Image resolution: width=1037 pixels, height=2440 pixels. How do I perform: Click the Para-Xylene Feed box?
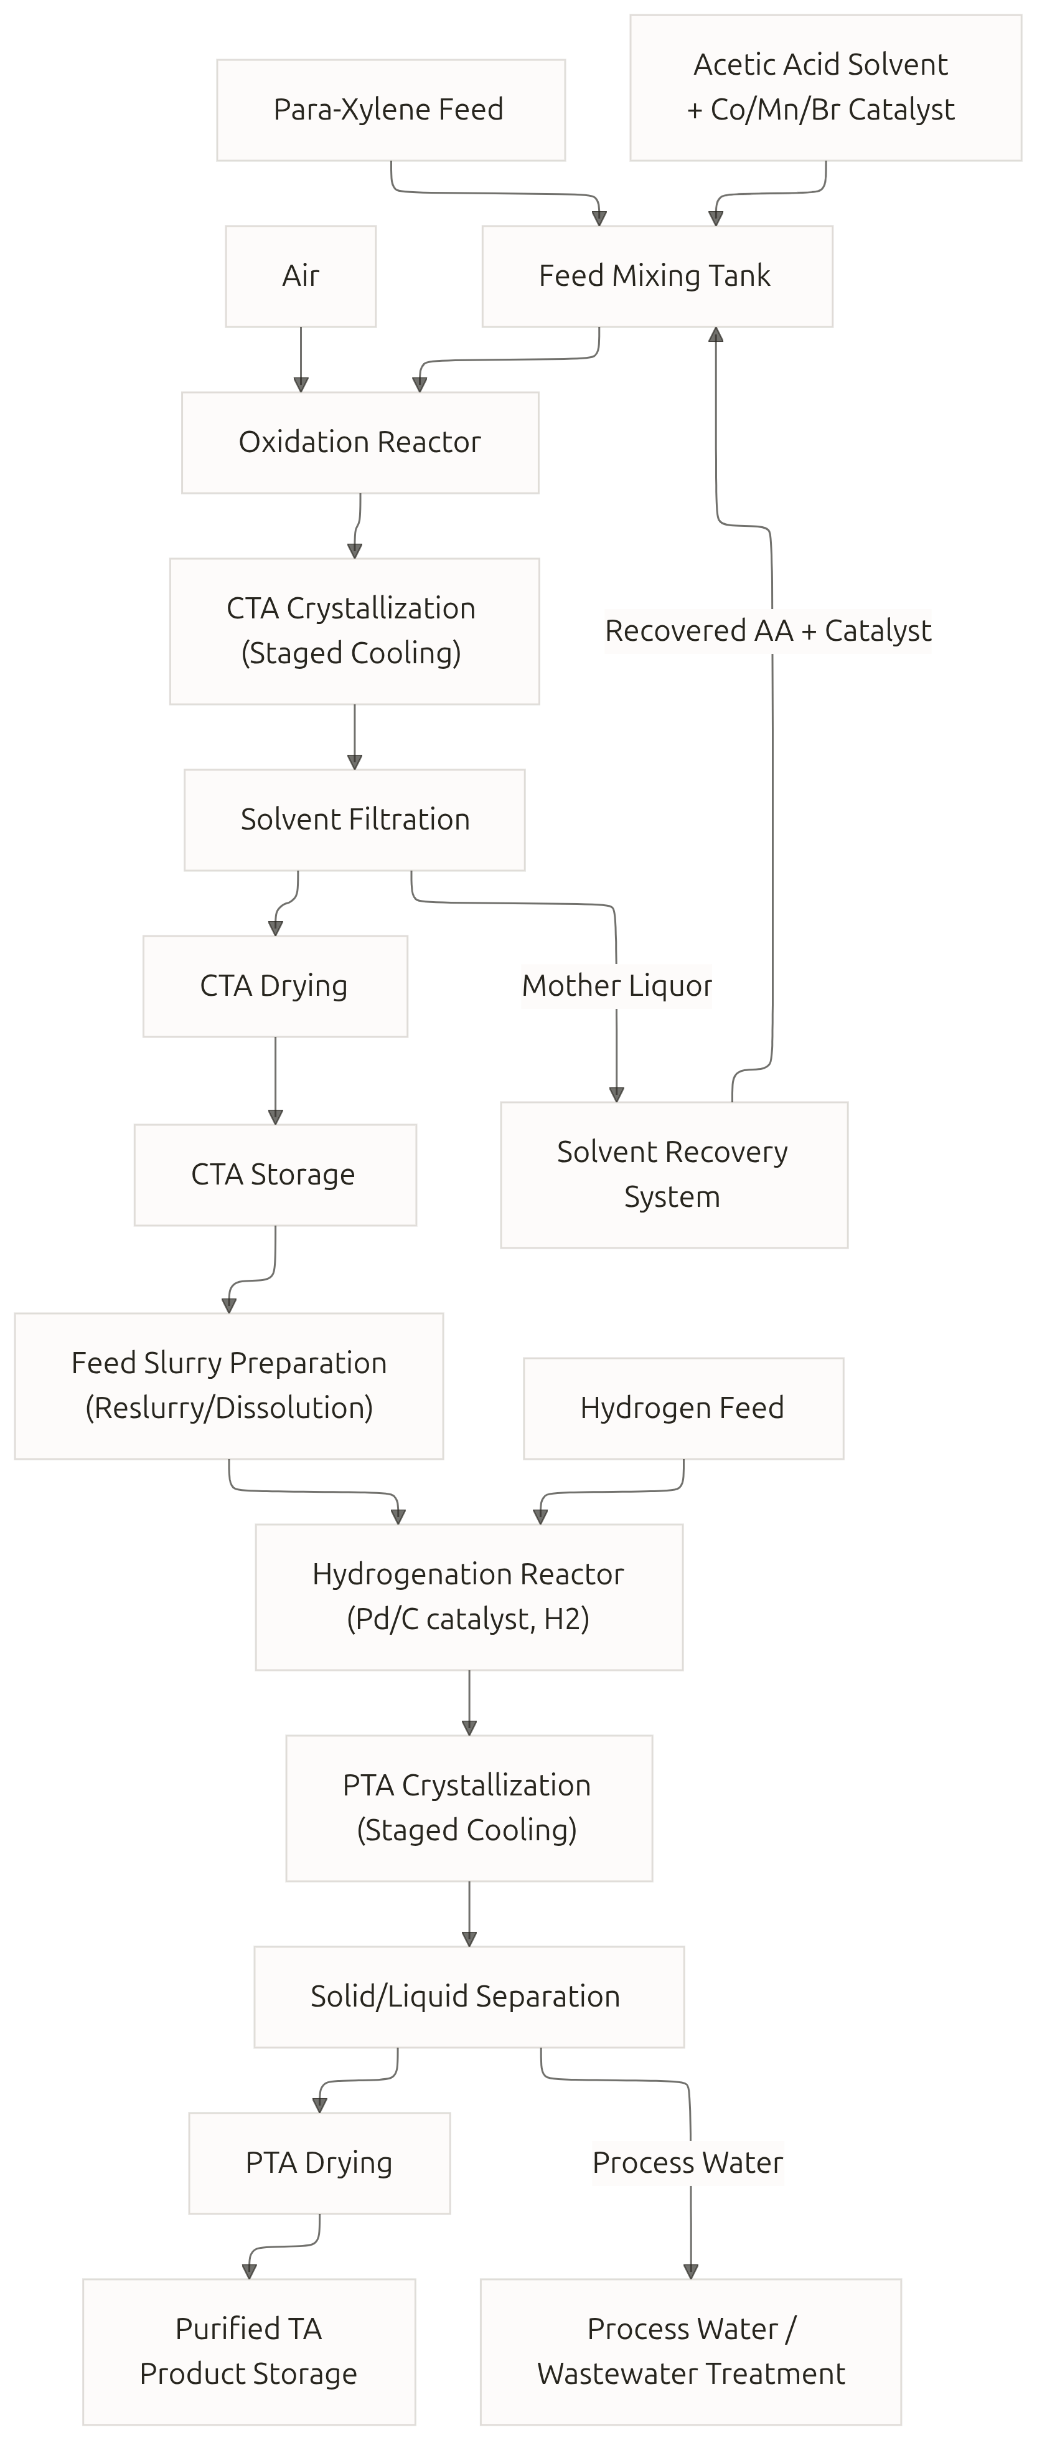390,110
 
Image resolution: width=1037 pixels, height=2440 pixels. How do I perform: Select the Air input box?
300,276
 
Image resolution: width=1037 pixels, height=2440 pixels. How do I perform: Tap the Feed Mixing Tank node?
657,276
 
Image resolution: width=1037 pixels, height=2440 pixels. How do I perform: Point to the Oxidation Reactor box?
360,442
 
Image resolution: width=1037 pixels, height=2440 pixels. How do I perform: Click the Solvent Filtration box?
354,820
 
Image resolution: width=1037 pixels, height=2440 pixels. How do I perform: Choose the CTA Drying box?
274,986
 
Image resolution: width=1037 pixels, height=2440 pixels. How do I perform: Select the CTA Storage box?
274,1175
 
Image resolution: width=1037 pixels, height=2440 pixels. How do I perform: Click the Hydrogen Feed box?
683,1409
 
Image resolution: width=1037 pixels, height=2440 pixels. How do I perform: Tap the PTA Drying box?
319,2162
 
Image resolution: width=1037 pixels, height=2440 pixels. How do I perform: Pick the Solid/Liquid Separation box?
469,1997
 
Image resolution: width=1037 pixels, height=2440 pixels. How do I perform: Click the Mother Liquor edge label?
616,986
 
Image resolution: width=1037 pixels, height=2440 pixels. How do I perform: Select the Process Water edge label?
688,2162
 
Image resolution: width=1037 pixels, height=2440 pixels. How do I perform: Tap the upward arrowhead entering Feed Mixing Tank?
716,334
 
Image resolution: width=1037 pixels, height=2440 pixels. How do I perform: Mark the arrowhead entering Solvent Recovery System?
616,1095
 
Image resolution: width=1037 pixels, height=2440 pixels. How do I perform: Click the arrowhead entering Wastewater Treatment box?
690,2271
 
